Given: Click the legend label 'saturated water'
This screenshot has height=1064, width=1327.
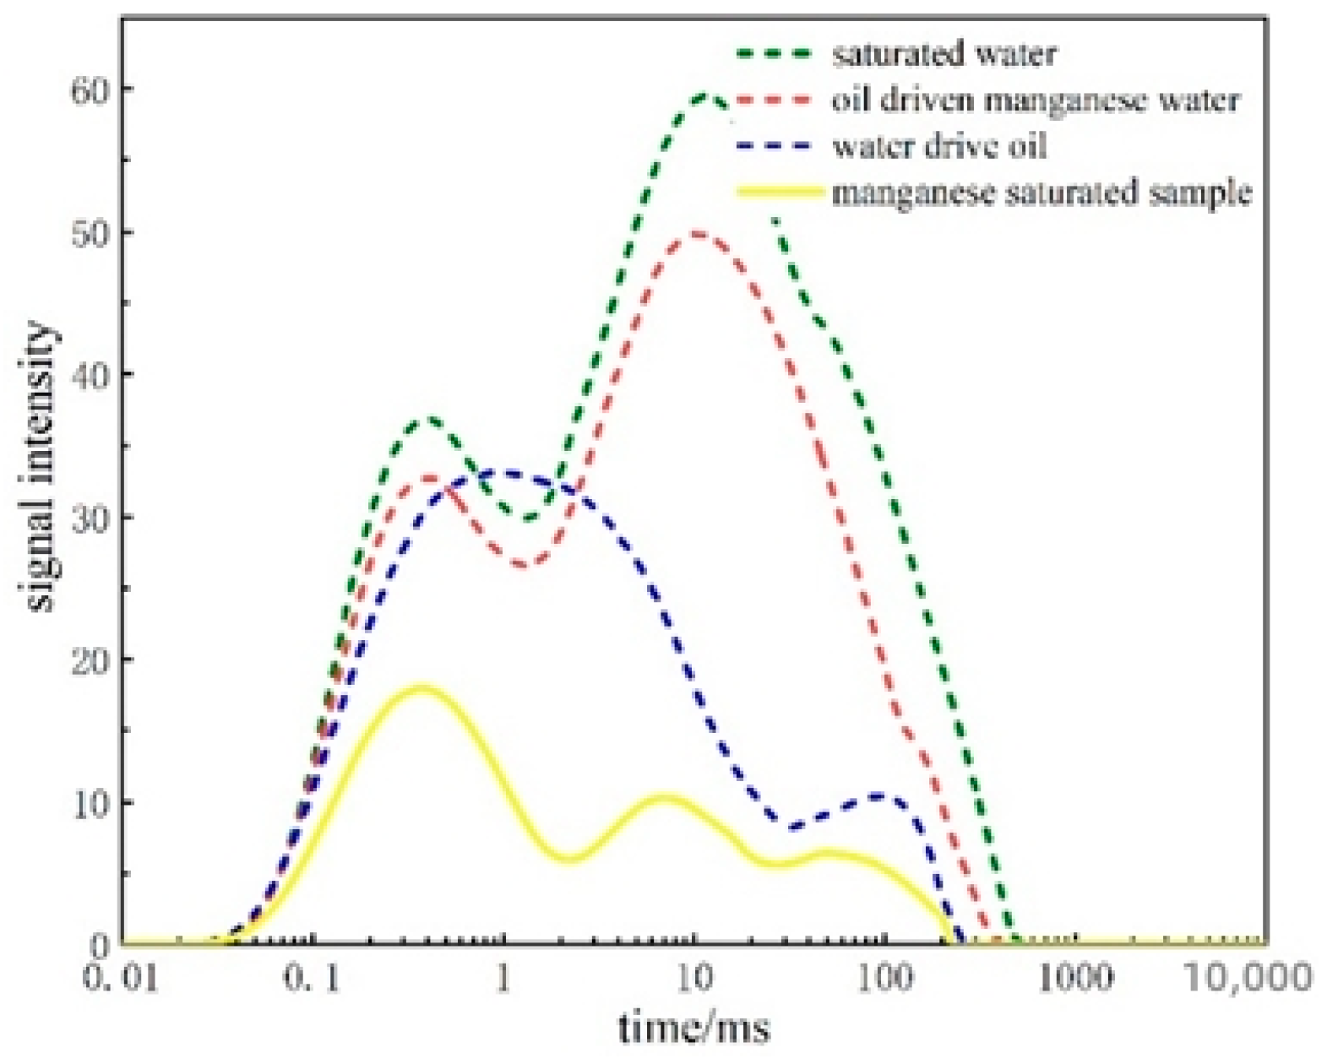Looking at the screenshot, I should click(944, 55).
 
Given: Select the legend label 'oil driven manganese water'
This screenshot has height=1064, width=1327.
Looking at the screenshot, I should click(1036, 100).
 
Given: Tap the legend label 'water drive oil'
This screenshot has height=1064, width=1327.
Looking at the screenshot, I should click(939, 146).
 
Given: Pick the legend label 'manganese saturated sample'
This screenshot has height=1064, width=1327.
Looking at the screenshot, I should click(1041, 193).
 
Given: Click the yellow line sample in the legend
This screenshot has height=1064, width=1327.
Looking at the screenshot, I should click(779, 193).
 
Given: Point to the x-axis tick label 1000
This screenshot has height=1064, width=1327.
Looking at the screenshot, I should click(1074, 980).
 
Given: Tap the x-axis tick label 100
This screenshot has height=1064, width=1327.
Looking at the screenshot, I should click(885, 980).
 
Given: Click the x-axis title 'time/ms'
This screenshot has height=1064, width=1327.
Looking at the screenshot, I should click(694, 1029).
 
